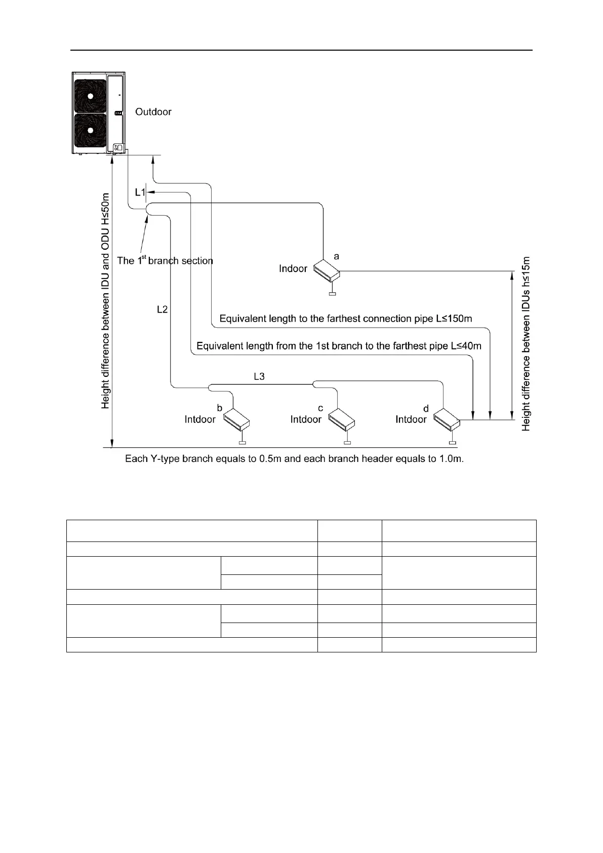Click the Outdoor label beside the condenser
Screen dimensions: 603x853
pyautogui.click(x=153, y=111)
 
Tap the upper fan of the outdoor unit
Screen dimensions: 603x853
pyautogui.click(x=90, y=96)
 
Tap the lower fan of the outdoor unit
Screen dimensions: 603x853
pyautogui.click(x=90, y=130)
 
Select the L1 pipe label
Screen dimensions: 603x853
pyautogui.click(x=140, y=192)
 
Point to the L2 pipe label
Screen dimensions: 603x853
pyautogui.click(x=162, y=309)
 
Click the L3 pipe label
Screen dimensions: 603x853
pyautogui.click(x=259, y=376)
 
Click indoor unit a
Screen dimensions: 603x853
pyautogui.click(x=326, y=271)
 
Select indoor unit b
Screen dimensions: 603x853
pyautogui.click(x=236, y=419)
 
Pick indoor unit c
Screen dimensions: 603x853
pyautogui.click(x=341, y=419)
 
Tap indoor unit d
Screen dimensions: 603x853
pyautogui.click(x=447, y=419)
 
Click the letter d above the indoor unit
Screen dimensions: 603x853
pyautogui.click(x=426, y=409)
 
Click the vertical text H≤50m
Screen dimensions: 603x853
pyautogui.click(x=105, y=209)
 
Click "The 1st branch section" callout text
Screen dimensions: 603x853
pyautogui.click(x=165, y=260)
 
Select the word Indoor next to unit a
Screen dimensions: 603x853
pyautogui.click(x=293, y=268)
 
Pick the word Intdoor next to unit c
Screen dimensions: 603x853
pyautogui.click(x=306, y=419)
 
